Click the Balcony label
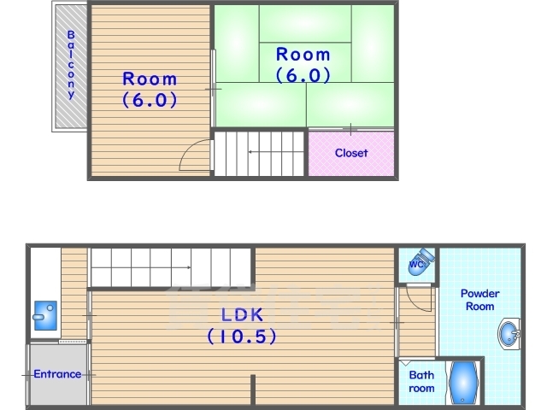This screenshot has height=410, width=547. [x=71, y=65]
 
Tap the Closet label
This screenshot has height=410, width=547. [x=351, y=153]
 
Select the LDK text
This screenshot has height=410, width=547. [x=242, y=315]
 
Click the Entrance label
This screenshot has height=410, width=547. [x=57, y=374]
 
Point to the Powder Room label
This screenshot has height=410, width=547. [x=480, y=300]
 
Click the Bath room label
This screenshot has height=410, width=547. [x=421, y=382]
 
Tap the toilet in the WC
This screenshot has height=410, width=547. [x=421, y=261]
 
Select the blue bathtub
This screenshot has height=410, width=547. [x=463, y=382]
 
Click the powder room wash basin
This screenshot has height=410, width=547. [x=509, y=334]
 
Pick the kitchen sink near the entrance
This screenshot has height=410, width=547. [x=45, y=315]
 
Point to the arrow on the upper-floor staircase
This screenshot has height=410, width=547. [x=275, y=152]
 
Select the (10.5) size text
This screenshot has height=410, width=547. [x=242, y=337]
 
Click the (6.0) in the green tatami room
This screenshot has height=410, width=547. [x=303, y=75]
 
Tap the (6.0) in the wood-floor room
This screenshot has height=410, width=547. [x=150, y=100]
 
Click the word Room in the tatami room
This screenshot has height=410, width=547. [x=303, y=55]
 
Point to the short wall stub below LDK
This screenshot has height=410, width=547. [x=253, y=389]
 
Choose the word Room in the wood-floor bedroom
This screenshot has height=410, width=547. [x=150, y=79]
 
